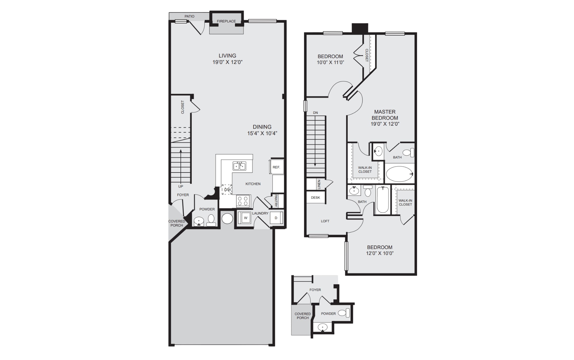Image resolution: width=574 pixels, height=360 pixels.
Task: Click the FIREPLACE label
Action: [226, 21]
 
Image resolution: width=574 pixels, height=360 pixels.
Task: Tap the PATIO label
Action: [190, 16]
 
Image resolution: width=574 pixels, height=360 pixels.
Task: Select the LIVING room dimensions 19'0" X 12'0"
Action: [227, 62]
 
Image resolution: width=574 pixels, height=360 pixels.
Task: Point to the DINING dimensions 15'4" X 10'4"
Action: [262, 133]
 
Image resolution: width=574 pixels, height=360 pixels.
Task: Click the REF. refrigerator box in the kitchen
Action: [277, 166]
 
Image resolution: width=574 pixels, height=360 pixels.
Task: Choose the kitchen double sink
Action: [239, 166]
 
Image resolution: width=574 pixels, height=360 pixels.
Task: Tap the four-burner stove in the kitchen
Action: [243, 201]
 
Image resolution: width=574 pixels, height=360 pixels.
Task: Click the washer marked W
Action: [245, 218]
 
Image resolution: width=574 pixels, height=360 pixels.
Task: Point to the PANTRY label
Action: [276, 201]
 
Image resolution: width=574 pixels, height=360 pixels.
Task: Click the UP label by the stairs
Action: [181, 186]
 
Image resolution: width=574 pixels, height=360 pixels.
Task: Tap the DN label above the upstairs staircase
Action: [315, 113]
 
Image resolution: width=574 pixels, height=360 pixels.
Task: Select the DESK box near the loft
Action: [315, 198]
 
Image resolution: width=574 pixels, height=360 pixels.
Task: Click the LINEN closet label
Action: [319, 184]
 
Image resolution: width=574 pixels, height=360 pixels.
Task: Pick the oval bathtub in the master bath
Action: [399, 174]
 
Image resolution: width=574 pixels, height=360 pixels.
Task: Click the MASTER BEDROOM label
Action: [385, 115]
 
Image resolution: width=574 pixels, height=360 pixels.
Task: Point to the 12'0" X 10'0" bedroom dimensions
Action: [380, 253]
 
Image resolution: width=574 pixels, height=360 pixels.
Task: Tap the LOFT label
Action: [325, 221]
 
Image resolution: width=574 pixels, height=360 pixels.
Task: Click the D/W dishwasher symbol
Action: [227, 189]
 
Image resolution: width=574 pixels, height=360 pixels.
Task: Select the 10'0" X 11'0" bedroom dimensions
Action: [330, 62]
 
